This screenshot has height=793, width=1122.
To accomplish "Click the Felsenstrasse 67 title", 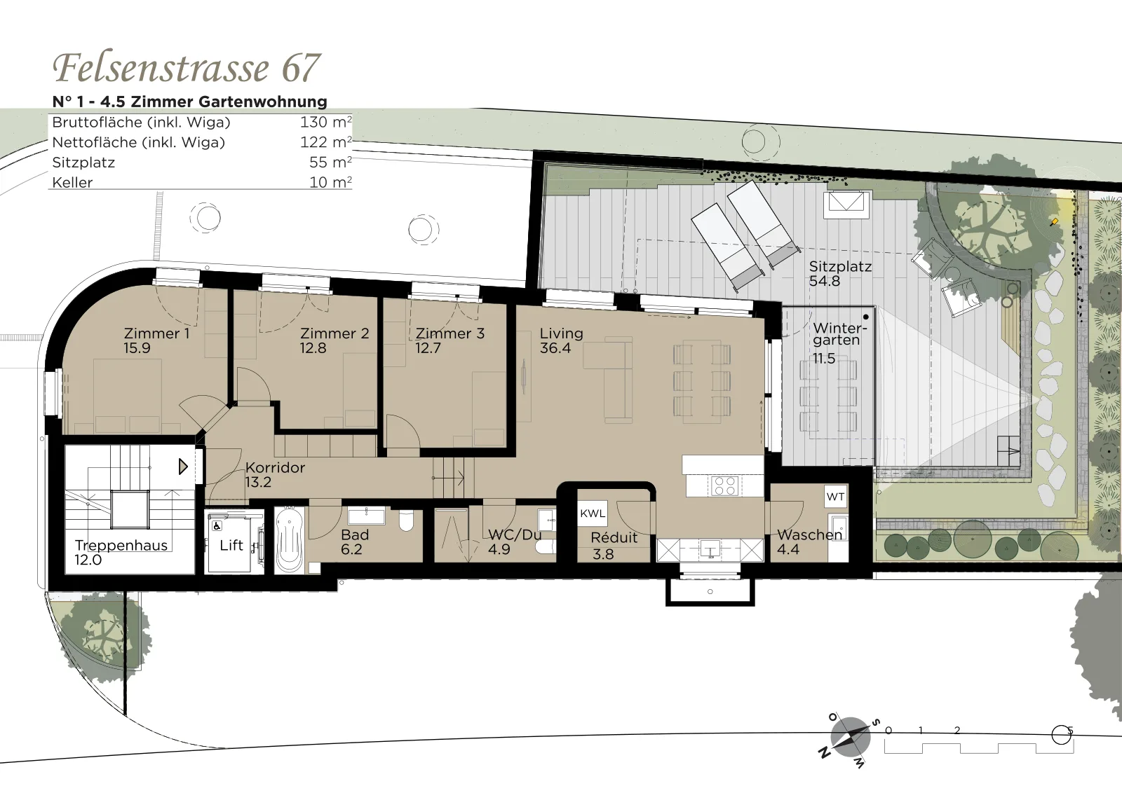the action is [187, 67].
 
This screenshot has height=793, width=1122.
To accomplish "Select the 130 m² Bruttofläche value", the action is [325, 122].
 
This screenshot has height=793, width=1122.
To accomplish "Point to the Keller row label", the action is [72, 182].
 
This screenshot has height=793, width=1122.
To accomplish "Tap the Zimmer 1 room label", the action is [156, 333].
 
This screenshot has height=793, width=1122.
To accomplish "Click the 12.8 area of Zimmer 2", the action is [313, 347].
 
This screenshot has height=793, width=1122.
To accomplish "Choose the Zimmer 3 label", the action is [450, 333].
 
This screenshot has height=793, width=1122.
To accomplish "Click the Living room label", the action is [561, 333].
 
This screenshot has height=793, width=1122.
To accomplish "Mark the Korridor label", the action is [275, 467].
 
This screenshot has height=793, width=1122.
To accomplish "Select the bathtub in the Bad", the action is [290, 540].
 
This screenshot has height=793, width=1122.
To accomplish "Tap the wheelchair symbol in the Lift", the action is [217, 526].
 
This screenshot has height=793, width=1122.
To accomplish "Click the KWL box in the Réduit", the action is [593, 513].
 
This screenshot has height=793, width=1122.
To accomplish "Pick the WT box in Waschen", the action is [835, 496].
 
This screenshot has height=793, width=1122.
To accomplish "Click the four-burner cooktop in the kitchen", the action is [724, 485].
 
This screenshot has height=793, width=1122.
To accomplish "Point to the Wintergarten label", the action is [839, 333].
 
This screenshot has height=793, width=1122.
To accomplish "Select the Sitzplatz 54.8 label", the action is [840, 273].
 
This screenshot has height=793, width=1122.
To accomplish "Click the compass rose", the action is [850, 736].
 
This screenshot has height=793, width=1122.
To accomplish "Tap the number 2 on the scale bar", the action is [957, 731].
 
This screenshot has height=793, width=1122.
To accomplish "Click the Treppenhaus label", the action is [121, 545].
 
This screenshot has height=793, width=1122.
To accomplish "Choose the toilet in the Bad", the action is [406, 520].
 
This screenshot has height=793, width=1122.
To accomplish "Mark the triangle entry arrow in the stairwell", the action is [183, 467].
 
